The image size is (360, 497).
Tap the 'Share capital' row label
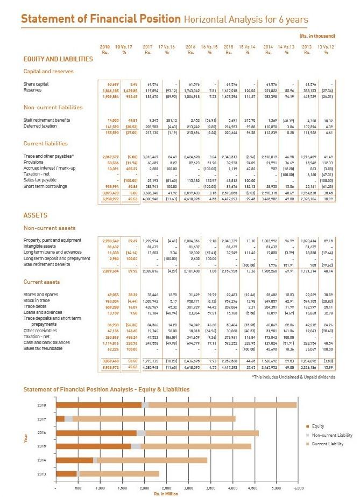pos(36,84)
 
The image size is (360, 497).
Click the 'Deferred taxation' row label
pos(39,125)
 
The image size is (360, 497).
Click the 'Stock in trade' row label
pos(37,301)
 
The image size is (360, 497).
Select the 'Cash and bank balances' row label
pos(46,341)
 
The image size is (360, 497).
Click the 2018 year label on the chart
pos(43,405)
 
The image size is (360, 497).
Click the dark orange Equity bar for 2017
pos(60,418)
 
